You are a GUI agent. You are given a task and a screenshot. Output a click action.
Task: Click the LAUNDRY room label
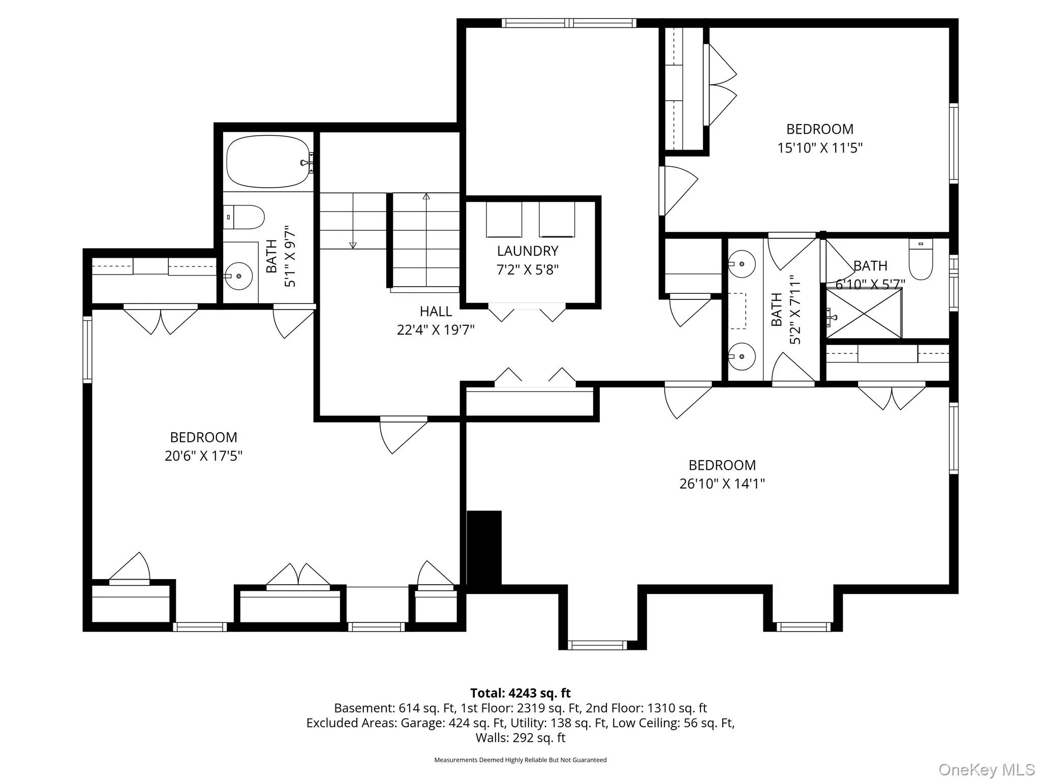(x=527, y=251)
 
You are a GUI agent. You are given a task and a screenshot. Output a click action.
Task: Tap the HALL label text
(x=436, y=311)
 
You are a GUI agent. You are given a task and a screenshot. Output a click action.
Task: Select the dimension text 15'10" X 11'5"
(x=819, y=148)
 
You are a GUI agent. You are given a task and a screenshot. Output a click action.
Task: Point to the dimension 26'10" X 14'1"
(x=722, y=484)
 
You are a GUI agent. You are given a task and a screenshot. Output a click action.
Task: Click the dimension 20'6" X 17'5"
(x=203, y=456)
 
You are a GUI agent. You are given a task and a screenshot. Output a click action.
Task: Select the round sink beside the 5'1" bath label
(x=238, y=276)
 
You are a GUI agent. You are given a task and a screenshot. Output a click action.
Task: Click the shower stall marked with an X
(x=864, y=313)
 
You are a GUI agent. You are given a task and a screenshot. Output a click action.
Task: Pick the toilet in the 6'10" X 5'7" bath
(x=921, y=259)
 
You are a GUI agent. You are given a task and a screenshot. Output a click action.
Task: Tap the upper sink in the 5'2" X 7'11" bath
(x=741, y=264)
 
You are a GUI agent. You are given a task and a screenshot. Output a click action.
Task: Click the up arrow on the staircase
(x=426, y=196)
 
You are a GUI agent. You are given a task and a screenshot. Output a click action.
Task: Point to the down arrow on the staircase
(x=353, y=246)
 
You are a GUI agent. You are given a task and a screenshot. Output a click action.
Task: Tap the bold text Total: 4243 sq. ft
(x=520, y=693)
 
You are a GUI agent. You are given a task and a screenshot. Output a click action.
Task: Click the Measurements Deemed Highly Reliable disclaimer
(x=520, y=760)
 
